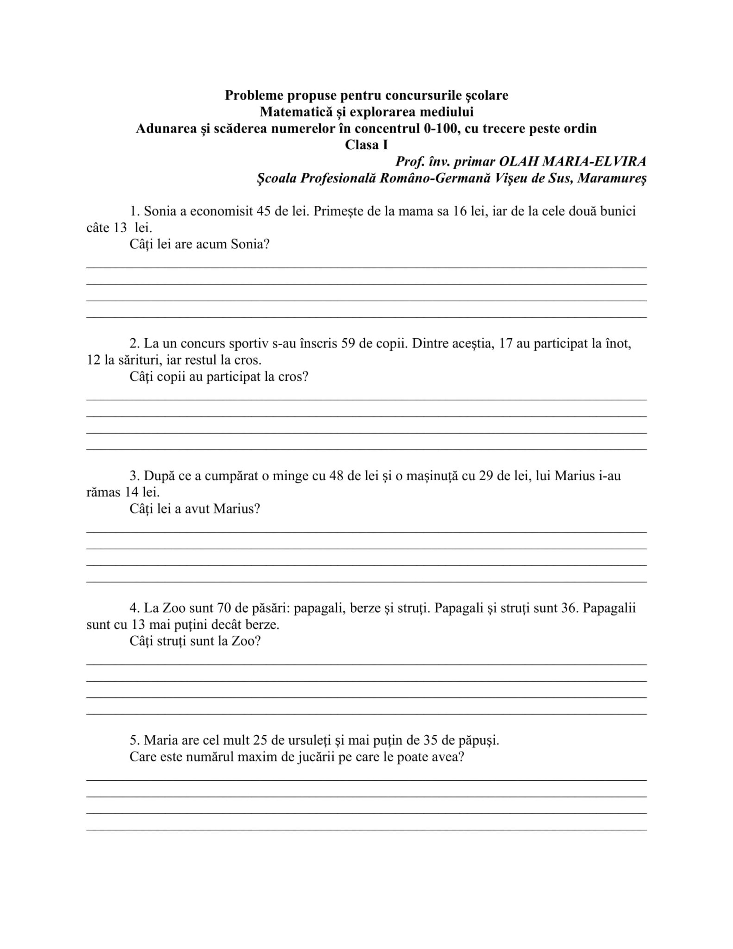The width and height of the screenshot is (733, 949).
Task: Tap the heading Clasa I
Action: (x=366, y=145)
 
